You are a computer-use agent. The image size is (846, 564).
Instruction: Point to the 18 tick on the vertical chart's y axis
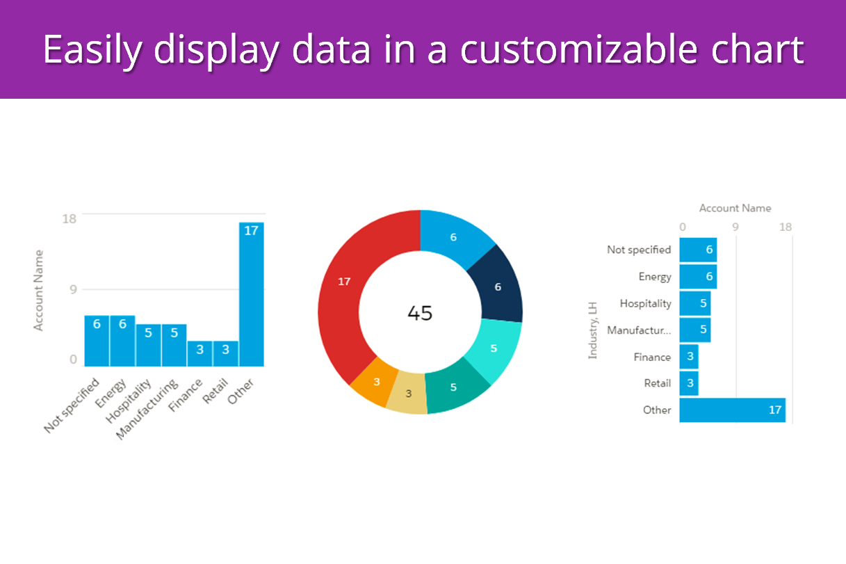pyautogui.click(x=69, y=218)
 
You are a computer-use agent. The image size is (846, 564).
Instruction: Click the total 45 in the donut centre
pyautogui.click(x=420, y=313)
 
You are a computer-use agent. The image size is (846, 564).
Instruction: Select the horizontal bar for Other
pyautogui.click(x=732, y=410)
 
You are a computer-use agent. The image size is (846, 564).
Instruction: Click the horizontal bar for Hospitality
pyautogui.click(x=694, y=304)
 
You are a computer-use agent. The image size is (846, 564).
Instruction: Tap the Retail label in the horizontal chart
pyautogui.click(x=657, y=383)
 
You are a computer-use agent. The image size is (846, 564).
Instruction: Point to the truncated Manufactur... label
pyautogui.click(x=639, y=330)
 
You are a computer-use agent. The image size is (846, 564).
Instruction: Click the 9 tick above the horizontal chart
pyautogui.click(x=735, y=227)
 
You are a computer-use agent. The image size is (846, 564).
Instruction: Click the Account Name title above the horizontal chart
pyautogui.click(x=735, y=208)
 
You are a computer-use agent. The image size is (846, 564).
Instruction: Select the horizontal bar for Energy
pyautogui.click(x=697, y=277)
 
